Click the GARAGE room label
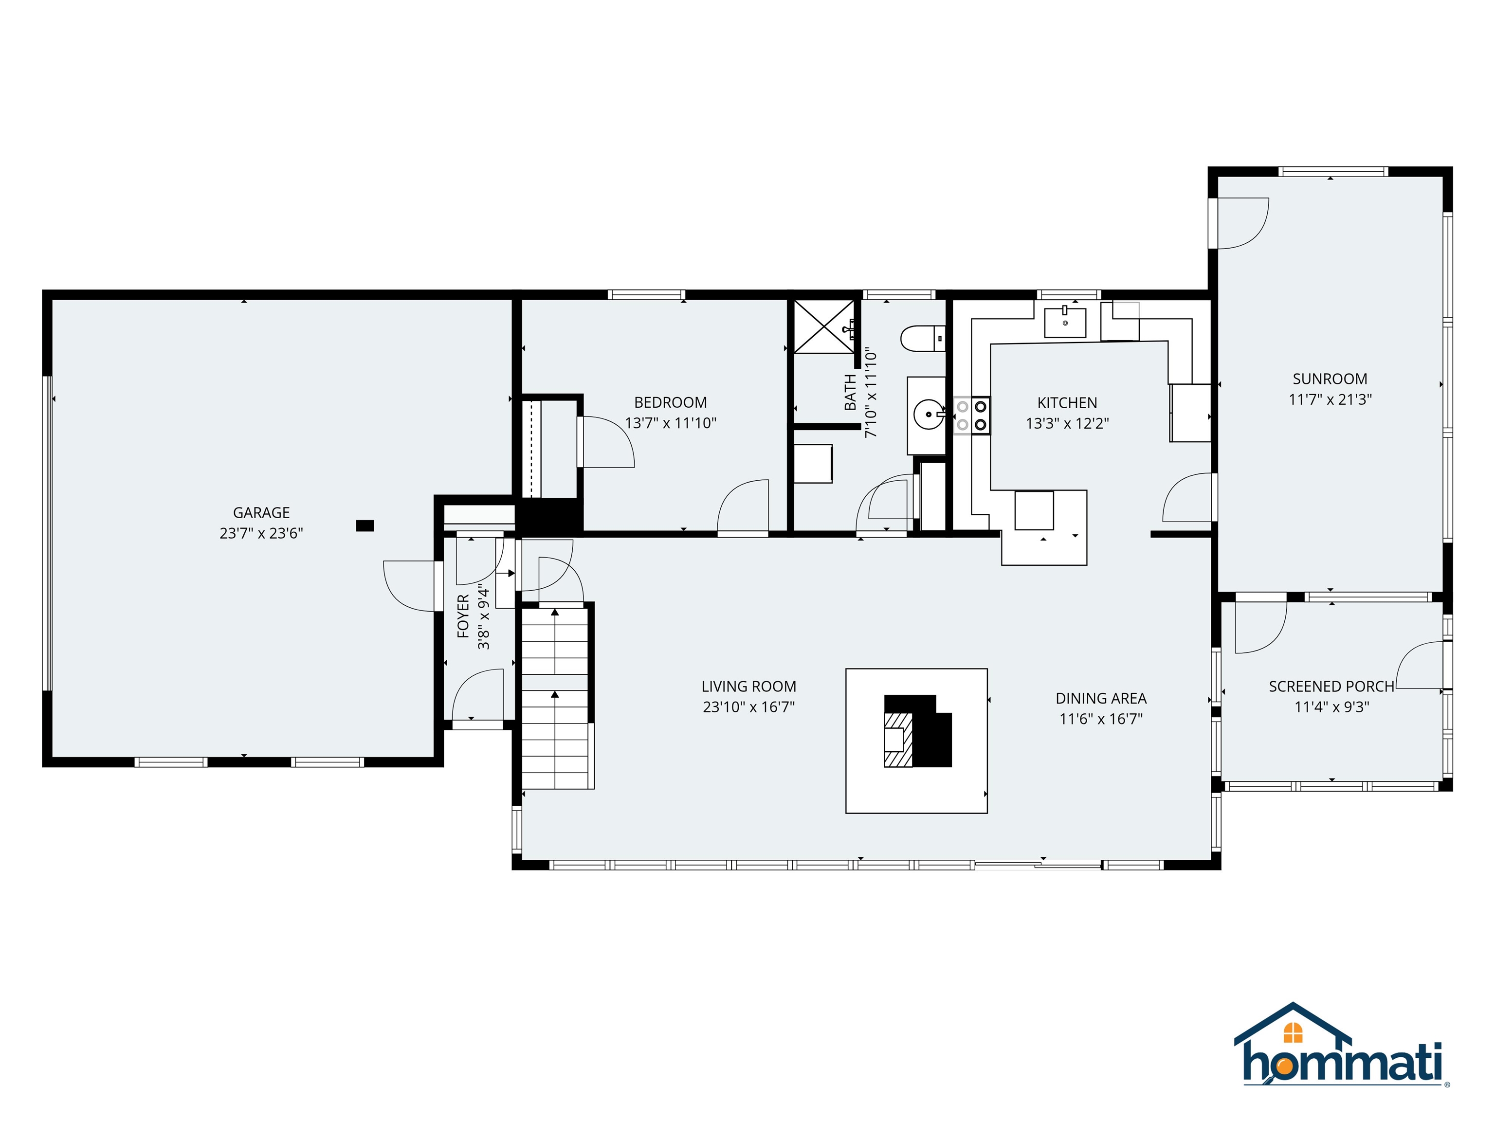pos(261,512)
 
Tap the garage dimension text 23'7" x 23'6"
pos(261,533)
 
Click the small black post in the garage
pos(365,525)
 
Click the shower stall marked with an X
pos(824,326)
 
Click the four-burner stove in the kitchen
pos(971,416)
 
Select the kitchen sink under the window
pos(1065,322)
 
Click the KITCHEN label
pos(1067,403)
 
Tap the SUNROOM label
pos(1330,379)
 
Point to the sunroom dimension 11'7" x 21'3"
pos(1330,399)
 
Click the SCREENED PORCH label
pos(1331,687)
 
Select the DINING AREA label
pos(1100,698)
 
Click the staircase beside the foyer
pos(555,696)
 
